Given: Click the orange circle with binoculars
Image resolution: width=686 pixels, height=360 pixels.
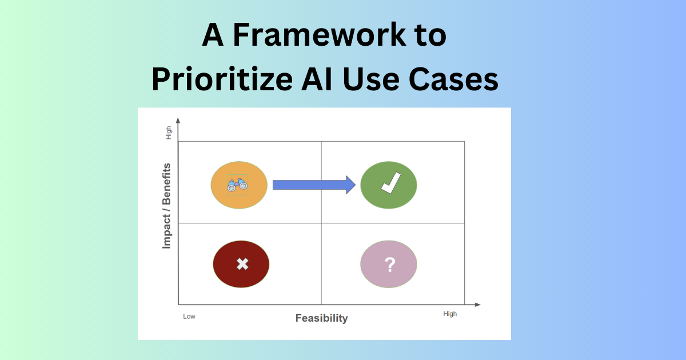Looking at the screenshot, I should pyautogui.click(x=239, y=185).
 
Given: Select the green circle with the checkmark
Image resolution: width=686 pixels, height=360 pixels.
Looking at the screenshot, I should pyautogui.click(x=389, y=185).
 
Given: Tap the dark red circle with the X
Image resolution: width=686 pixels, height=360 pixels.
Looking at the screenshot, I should pyautogui.click(x=241, y=264).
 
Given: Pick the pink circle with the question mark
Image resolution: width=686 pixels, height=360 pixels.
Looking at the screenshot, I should pyautogui.click(x=389, y=264).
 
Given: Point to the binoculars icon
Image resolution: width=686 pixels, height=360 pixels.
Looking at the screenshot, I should pyautogui.click(x=237, y=185).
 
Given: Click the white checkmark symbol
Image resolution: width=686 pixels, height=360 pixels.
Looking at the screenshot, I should pyautogui.click(x=390, y=184).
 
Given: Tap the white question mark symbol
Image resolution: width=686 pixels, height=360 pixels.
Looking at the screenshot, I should pyautogui.click(x=390, y=264).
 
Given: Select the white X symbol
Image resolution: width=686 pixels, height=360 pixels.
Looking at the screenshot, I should pyautogui.click(x=242, y=264).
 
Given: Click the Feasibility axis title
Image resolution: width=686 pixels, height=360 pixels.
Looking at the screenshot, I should pyautogui.click(x=321, y=318).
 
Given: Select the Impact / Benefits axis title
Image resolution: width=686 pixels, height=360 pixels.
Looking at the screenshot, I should pyautogui.click(x=167, y=206).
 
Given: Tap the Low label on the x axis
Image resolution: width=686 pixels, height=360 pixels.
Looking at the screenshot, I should pyautogui.click(x=189, y=316).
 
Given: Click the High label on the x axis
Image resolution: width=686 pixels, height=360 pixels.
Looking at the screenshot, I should pyautogui.click(x=450, y=314).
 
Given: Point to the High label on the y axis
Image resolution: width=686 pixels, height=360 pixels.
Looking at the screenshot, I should pyautogui.click(x=169, y=133).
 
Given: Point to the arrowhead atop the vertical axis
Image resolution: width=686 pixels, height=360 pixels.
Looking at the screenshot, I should pyautogui.click(x=178, y=120).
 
